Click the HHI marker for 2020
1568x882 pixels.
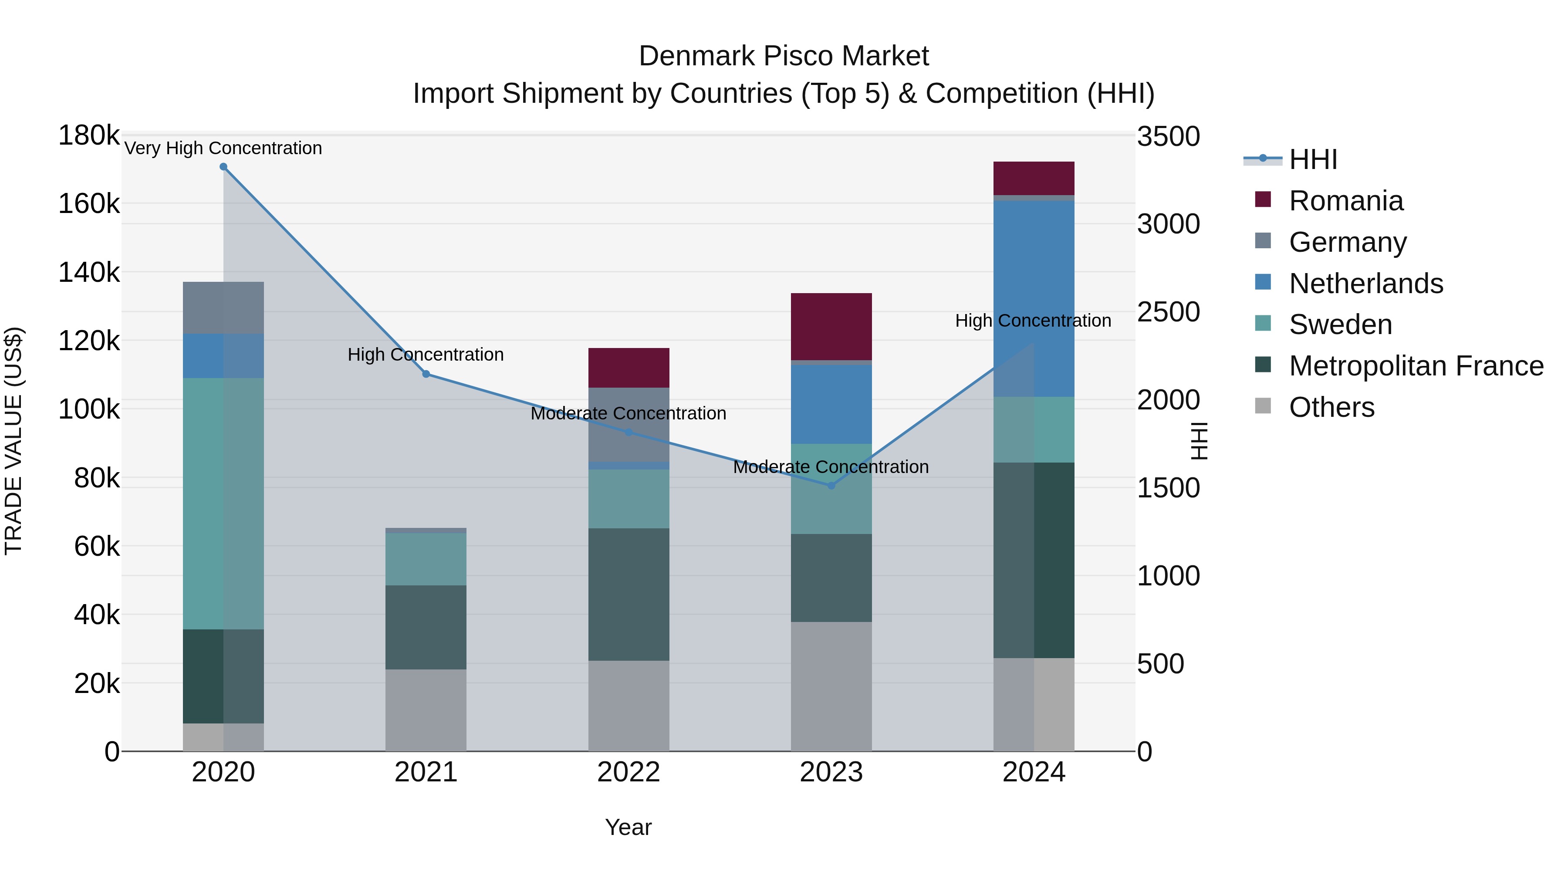pyautogui.click(x=223, y=167)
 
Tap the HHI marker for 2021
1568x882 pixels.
pyautogui.click(x=426, y=374)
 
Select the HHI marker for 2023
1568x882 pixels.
pyautogui.click(x=831, y=486)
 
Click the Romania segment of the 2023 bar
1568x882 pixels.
pyautogui.click(x=831, y=327)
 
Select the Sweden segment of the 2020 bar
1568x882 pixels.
pyautogui.click(x=223, y=504)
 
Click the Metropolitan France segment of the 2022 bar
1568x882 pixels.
pyautogui.click(x=629, y=594)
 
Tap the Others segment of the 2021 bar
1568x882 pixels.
pyautogui.click(x=426, y=710)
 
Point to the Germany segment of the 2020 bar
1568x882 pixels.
pyautogui.click(x=223, y=308)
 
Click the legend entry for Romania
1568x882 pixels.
pyautogui.click(x=1346, y=201)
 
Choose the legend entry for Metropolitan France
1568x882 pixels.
pyautogui.click(x=1416, y=366)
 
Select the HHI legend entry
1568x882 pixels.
pyautogui.click(x=1312, y=159)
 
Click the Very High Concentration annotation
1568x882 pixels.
pyautogui.click(x=223, y=149)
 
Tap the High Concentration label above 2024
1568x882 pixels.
pyautogui.click(x=1033, y=321)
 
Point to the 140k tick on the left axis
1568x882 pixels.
pyautogui.click(x=89, y=273)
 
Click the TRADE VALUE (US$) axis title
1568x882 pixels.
pyautogui.click(x=14, y=441)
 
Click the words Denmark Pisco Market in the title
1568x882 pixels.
pyautogui.click(x=784, y=56)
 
